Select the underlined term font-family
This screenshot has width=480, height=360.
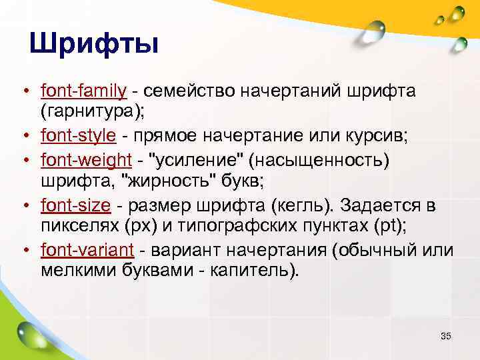[83, 90]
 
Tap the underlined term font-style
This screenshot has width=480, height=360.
[79, 137]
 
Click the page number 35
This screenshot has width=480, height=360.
[446, 336]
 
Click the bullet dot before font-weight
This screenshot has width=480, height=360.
[23, 161]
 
